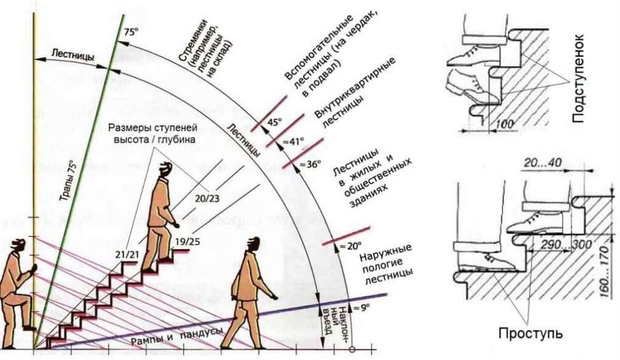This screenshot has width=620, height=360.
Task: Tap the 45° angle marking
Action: point(274,122)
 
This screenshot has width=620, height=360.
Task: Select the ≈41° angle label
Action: point(293,143)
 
